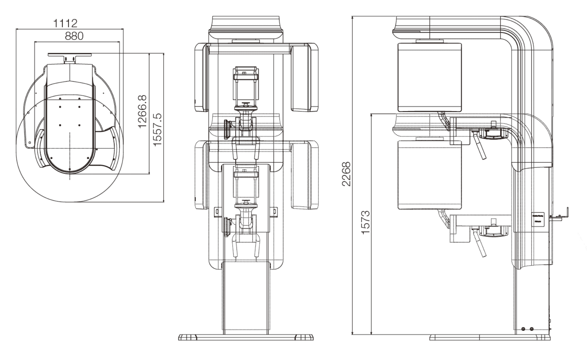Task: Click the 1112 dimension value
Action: (x=65, y=23)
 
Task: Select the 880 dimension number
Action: (x=74, y=36)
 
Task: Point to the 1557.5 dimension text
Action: (x=158, y=130)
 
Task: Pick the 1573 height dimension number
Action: (x=365, y=222)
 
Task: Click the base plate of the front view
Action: (x=246, y=337)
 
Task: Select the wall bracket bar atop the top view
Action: (x=70, y=55)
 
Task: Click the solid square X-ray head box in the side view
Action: (x=430, y=77)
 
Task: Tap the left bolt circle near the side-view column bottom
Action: (x=523, y=329)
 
